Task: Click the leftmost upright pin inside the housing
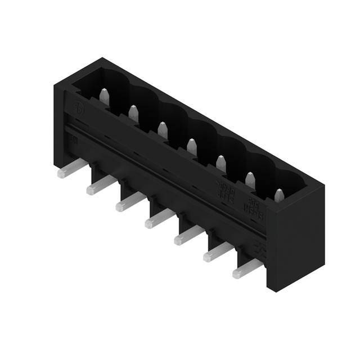click(x=104, y=97)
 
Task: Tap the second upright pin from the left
click(x=133, y=114)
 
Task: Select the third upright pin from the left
click(x=163, y=130)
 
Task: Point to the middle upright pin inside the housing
click(x=192, y=147)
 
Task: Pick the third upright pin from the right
click(x=221, y=164)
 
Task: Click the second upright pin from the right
click(x=250, y=180)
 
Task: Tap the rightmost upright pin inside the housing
click(x=279, y=195)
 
